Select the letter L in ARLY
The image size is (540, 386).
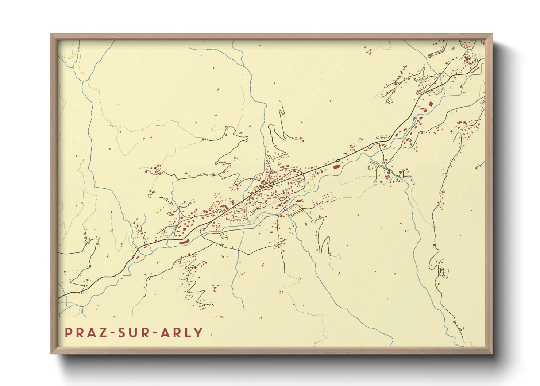point(189,332)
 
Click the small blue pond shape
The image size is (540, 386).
point(413,119)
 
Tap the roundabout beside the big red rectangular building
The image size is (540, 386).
point(338,161)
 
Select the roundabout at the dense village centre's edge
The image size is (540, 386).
point(303,174)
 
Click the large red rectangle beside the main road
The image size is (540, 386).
point(336,166)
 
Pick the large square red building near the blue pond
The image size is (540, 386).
point(430,104)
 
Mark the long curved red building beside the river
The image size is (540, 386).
point(184,242)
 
